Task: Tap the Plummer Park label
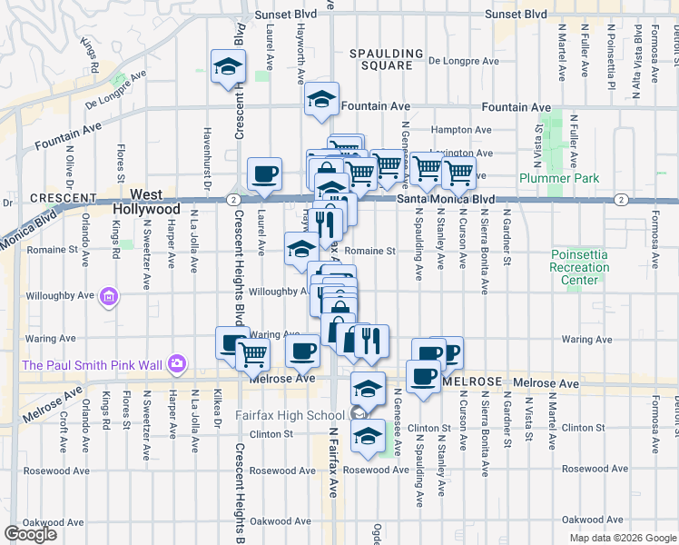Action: click(x=559, y=178)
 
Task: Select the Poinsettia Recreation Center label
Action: click(x=580, y=267)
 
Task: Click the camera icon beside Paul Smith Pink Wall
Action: click(x=176, y=365)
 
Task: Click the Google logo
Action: click(x=30, y=534)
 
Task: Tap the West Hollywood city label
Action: click(x=146, y=202)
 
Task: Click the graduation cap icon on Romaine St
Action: click(x=300, y=249)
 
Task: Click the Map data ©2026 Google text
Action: click(x=623, y=538)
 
